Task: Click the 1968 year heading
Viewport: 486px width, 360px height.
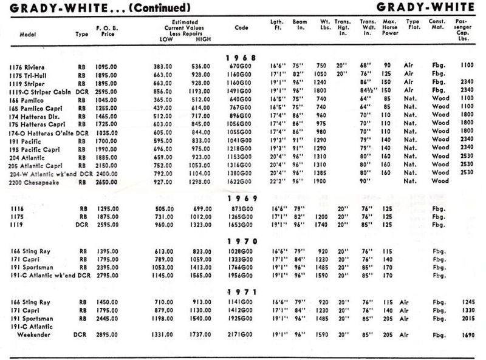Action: tap(242, 57)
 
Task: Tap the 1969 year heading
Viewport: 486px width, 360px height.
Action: tap(242, 198)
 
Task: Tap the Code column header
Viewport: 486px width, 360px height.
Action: tap(241, 28)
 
